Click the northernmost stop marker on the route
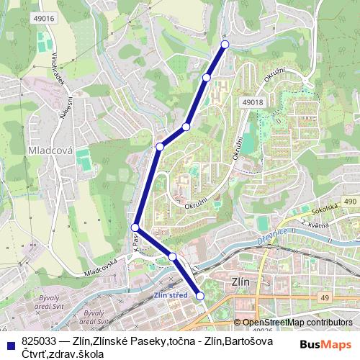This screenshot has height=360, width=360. tap(225, 45)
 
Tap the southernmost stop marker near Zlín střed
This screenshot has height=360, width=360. tap(200, 296)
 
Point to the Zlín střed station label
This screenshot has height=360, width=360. tap(171, 294)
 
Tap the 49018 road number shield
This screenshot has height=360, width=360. tap(253, 103)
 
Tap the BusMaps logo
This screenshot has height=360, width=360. tap(327, 343)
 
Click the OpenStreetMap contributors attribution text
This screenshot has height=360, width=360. tap(297, 323)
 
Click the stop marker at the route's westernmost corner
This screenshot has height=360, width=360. tap(135, 228)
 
